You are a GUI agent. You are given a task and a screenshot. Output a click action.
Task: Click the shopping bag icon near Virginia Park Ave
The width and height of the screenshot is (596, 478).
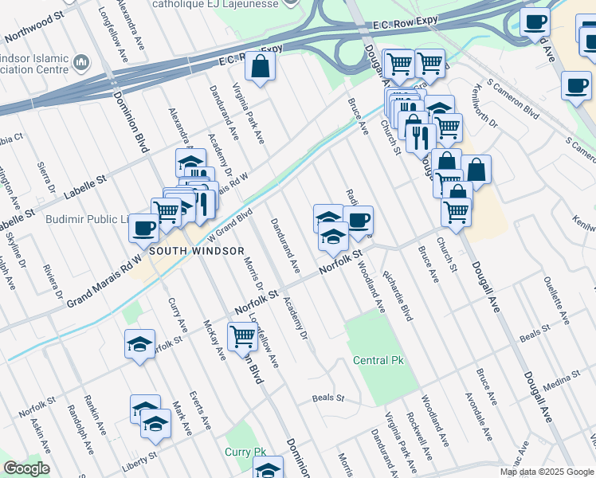point(260,68)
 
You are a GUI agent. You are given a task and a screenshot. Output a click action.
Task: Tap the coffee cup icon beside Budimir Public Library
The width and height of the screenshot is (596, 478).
point(143,228)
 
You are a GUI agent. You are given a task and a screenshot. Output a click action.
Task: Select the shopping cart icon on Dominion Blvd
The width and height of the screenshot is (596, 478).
point(242,336)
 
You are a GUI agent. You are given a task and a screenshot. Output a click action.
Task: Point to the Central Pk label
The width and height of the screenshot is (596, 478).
point(378,361)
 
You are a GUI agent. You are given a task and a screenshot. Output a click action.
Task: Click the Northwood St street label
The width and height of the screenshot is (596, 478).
point(33,29)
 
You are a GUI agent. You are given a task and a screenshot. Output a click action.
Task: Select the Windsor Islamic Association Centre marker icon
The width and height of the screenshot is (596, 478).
point(81,62)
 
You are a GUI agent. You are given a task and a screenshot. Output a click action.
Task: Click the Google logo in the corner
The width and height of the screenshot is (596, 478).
point(26,468)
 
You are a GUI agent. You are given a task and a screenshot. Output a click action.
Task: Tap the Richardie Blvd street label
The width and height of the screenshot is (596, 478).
point(397,296)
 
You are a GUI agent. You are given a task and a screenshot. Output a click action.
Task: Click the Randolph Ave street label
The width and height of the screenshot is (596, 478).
point(77,429)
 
